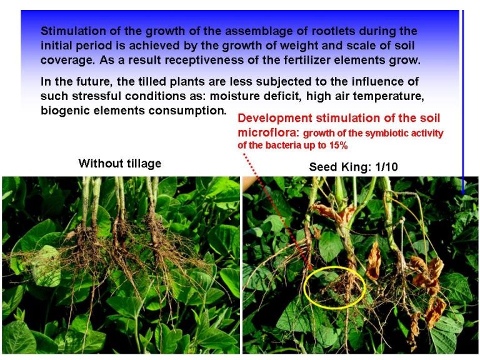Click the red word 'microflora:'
click(x=268, y=132)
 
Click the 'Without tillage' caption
click(x=120, y=164)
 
